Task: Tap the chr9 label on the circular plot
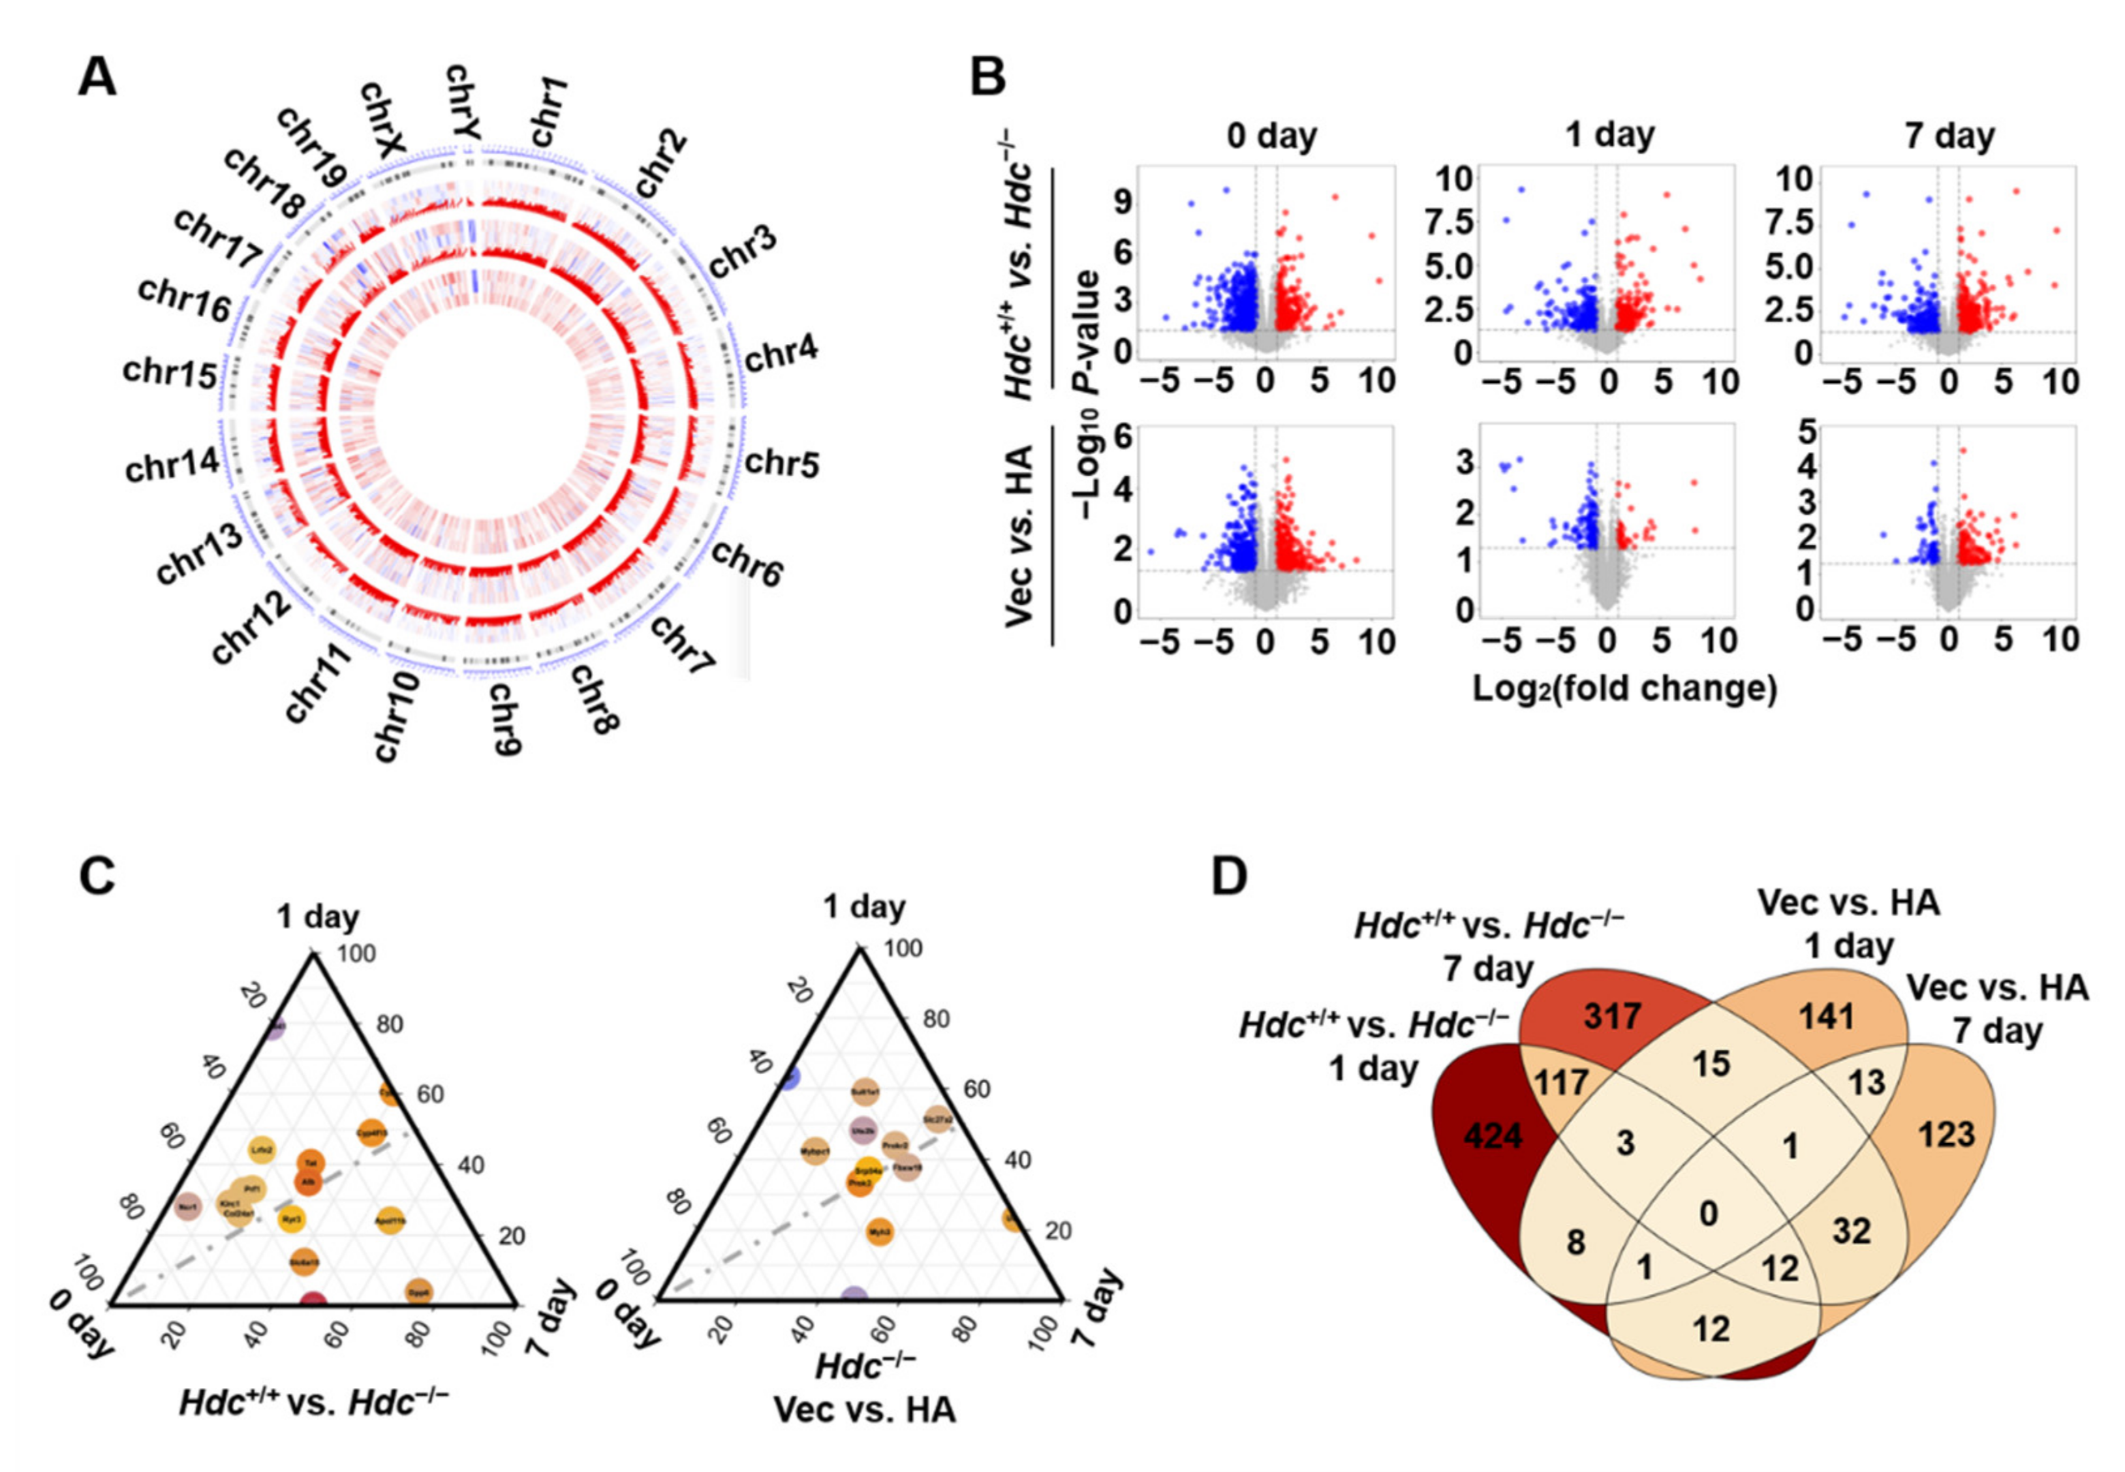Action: coord(504,718)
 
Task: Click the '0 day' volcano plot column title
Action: coord(1272,136)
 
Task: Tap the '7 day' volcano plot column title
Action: coord(1949,136)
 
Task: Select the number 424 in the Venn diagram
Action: coord(1493,1135)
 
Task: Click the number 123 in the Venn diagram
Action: coord(1947,1133)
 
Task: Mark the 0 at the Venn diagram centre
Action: coord(1708,1213)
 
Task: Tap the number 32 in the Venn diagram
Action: coord(1850,1231)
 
